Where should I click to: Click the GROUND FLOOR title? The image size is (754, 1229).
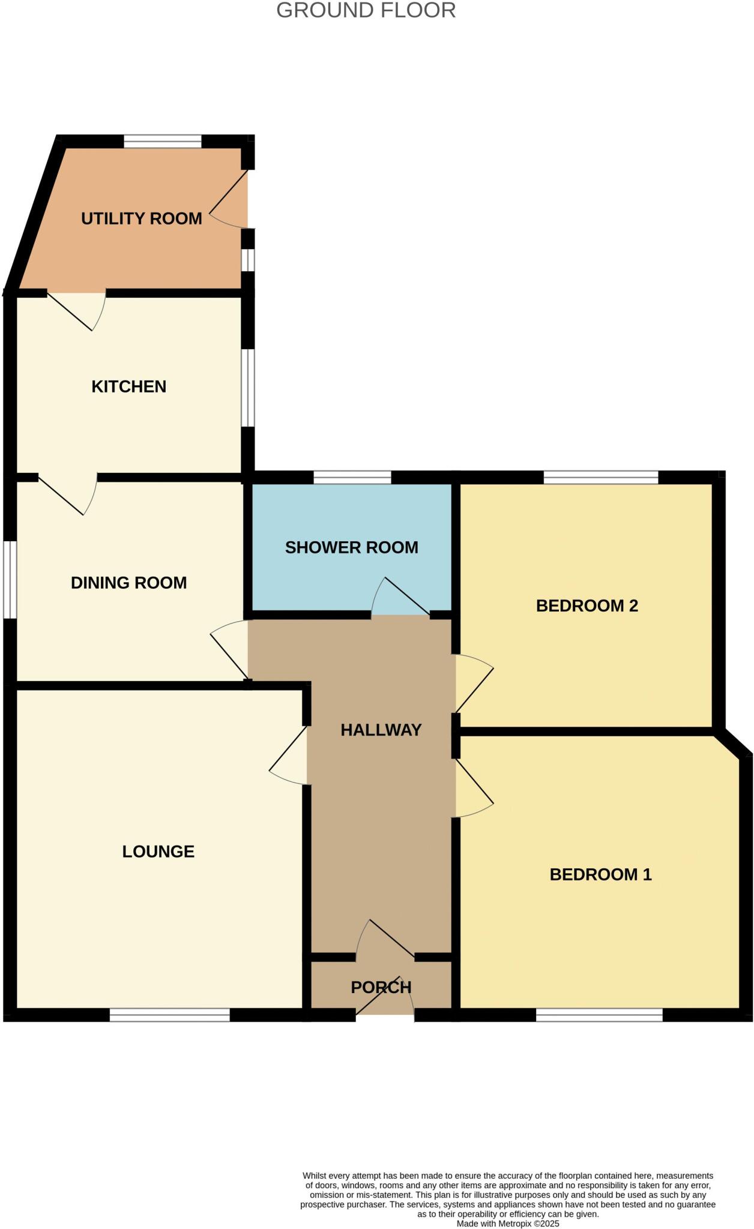coord(366,11)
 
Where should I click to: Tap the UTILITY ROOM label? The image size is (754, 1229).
coord(142,218)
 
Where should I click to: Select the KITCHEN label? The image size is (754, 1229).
coord(128,386)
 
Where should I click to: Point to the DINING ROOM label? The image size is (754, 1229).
coord(128,583)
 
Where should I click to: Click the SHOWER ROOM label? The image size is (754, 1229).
coord(351,547)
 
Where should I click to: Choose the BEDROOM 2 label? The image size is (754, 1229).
coord(587,606)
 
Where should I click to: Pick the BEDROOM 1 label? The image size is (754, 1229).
coord(600,874)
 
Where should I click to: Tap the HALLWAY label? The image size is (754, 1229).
coord(381,730)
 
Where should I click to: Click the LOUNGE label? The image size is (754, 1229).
coord(158,852)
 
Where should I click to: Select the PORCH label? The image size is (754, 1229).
coord(381,987)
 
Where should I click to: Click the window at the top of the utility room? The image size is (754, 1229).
coord(163,142)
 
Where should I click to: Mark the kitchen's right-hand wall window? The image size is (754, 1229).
coord(248,388)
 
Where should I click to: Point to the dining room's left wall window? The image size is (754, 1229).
coord(10,580)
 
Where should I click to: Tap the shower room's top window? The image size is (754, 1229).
coord(352,478)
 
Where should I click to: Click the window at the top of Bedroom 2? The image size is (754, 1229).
coord(601,478)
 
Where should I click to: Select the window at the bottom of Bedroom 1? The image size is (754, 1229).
coord(599,1015)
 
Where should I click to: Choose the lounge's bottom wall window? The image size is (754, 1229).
coord(170,1015)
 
